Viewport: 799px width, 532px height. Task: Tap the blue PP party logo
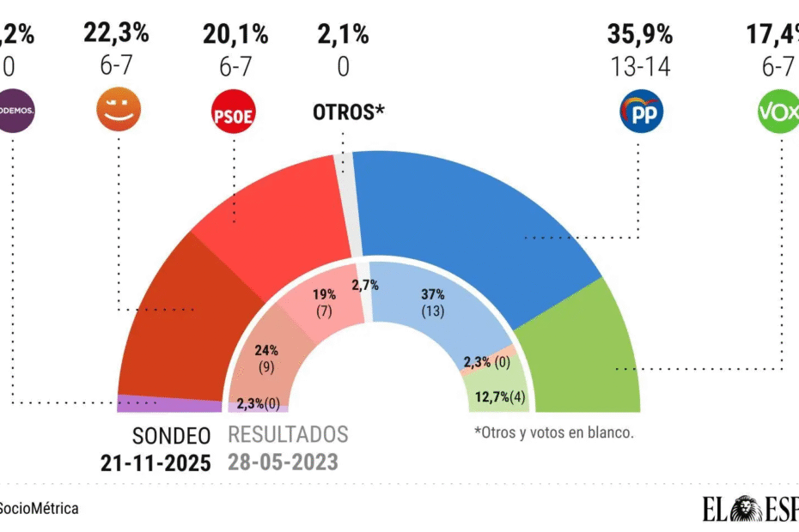click(639, 116)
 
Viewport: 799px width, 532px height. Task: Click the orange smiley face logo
click(117, 110)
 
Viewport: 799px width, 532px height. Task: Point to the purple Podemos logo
click(15, 112)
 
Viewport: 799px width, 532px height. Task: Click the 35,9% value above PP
click(638, 35)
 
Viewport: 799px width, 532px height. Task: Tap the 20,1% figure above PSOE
click(235, 35)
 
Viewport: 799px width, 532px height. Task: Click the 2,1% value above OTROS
click(343, 35)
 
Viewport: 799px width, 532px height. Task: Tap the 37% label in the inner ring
click(433, 294)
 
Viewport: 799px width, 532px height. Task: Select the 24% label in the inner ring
click(267, 350)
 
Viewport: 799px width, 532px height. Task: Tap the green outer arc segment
click(584, 352)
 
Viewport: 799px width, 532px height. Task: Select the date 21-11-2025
click(155, 463)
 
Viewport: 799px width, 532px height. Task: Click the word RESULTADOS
click(288, 434)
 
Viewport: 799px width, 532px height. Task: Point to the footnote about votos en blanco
click(553, 433)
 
